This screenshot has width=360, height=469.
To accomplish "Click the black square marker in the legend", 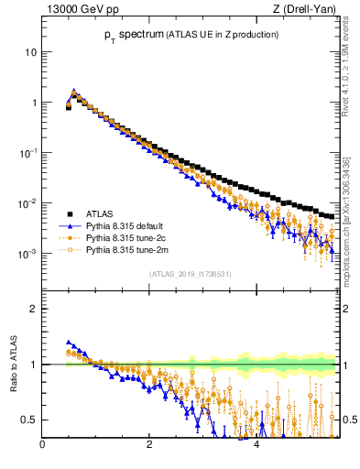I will coord(70,212).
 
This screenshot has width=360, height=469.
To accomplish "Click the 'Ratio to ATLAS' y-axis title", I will coord(14,365).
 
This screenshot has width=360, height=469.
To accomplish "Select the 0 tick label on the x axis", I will coord(42,446).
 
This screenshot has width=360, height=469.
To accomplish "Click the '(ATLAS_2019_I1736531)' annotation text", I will coord(191,274).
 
